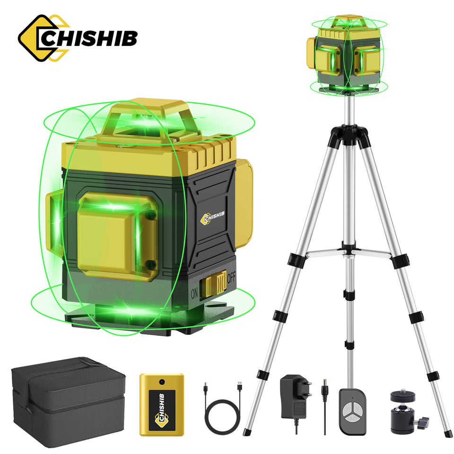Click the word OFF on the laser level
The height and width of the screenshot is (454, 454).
231,278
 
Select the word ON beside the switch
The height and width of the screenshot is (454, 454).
193,292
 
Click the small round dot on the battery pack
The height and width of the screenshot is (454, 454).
161,379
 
